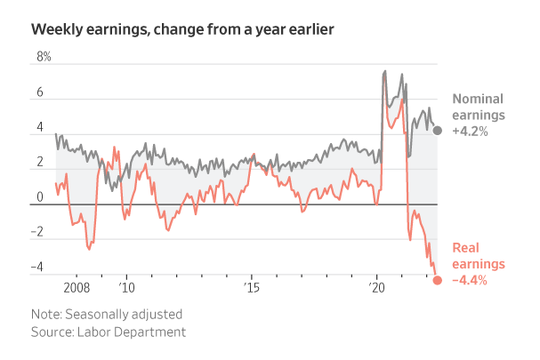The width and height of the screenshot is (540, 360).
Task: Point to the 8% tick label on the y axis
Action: [x=44, y=58]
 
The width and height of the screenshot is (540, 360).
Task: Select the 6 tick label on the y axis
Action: [x=40, y=92]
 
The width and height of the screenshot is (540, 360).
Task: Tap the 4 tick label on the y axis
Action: [x=40, y=128]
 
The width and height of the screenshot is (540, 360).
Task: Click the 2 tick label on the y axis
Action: [x=40, y=163]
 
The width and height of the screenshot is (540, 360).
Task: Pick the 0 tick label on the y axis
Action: [x=40, y=197]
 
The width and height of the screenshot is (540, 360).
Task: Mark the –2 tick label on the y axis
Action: [x=38, y=232]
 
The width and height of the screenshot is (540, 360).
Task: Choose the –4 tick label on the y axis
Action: [x=38, y=267]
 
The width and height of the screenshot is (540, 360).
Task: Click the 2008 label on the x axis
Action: [x=77, y=288]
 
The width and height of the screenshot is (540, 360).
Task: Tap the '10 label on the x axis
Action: [x=126, y=288]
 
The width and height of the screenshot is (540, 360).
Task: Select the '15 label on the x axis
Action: [x=251, y=288]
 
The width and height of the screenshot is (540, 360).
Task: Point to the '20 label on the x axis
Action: [x=376, y=288]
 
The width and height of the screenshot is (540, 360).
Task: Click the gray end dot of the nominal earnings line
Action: [x=437, y=131]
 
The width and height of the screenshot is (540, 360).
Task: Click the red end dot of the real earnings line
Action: [x=437, y=281]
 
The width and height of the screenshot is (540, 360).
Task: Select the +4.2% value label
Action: [x=471, y=131]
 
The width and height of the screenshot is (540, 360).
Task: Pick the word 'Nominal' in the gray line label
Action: [x=479, y=99]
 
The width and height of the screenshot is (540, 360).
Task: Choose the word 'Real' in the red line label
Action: [x=468, y=248]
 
